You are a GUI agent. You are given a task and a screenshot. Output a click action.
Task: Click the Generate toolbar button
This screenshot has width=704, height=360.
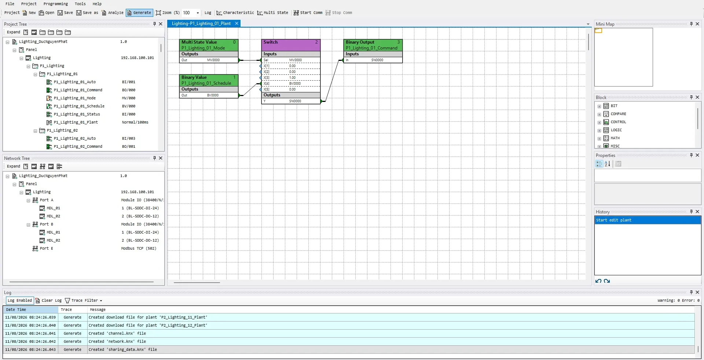pyautogui.click(x=139, y=13)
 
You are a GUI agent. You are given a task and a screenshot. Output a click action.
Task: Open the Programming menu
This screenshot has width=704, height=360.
pyautogui.click(x=56, y=4)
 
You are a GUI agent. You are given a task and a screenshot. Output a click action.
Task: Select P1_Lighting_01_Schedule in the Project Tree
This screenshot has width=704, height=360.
pyautogui.click(x=79, y=106)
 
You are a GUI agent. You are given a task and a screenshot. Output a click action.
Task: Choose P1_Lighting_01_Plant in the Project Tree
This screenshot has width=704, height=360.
pyautogui.click(x=76, y=122)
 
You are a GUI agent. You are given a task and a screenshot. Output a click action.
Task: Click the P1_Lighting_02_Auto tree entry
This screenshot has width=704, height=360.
pyautogui.click(x=74, y=139)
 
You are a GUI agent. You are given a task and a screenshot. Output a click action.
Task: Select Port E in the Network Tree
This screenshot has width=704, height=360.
pyautogui.click(x=46, y=249)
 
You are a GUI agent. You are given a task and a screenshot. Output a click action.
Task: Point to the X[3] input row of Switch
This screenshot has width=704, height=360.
pyautogui.click(x=291, y=78)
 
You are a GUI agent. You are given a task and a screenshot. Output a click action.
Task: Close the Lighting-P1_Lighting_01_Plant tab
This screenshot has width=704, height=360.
pyautogui.click(x=237, y=23)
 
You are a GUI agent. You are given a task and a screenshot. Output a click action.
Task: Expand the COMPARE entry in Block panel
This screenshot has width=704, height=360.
pyautogui.click(x=599, y=114)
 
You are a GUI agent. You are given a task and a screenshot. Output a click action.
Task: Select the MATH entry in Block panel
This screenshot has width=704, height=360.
pyautogui.click(x=615, y=138)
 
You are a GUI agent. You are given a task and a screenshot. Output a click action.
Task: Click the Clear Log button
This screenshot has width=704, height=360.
pyautogui.click(x=48, y=301)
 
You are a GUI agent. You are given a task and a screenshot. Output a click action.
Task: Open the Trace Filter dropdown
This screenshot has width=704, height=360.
pyautogui.click(x=84, y=301)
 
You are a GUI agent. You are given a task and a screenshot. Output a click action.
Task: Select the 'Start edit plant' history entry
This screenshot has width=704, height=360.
pyautogui.click(x=614, y=220)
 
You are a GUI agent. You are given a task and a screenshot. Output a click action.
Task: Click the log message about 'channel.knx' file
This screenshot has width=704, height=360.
pyautogui.click(x=117, y=334)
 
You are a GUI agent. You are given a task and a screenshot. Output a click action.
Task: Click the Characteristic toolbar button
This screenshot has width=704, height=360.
pyautogui.click(x=235, y=13)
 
